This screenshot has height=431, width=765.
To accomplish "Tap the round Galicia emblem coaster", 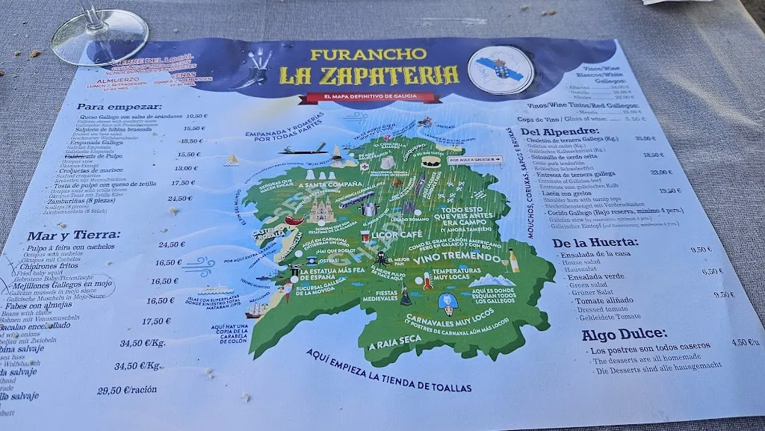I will [500, 69].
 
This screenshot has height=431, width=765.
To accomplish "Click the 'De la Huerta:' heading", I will [595, 242].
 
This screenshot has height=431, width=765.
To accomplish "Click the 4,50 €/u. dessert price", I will [745, 342].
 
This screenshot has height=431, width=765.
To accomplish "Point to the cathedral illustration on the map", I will [322, 211].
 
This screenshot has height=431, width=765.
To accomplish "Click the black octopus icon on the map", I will [382, 259].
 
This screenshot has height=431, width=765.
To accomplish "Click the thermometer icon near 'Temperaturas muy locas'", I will [427, 281].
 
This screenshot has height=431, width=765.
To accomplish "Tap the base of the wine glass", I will [100, 37].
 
